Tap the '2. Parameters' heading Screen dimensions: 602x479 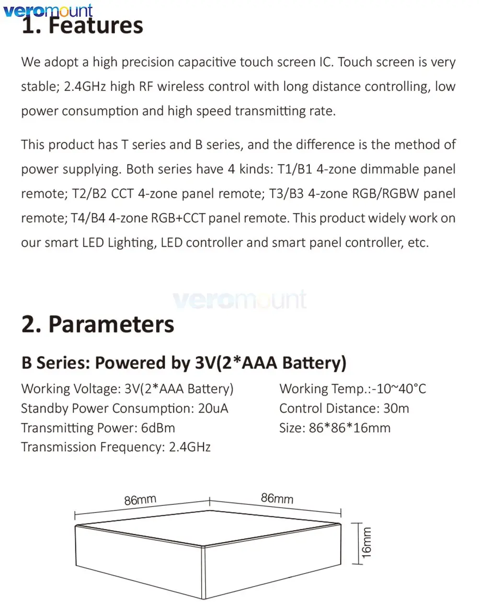(x=98, y=324)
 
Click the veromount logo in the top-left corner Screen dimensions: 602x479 (x=48, y=11)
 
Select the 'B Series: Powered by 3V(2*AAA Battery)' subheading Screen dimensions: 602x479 (x=183, y=363)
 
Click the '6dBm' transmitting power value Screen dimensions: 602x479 (x=158, y=428)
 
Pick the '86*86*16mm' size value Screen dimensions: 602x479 (x=350, y=428)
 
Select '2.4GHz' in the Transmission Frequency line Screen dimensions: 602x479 (x=190, y=447)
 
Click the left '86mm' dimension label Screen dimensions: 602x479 (x=140, y=500)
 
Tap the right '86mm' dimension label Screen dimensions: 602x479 (x=277, y=498)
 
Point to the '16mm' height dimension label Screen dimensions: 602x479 (x=366, y=543)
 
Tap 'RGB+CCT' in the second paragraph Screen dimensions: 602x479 (x=178, y=218)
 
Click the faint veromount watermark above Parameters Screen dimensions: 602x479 (x=239, y=300)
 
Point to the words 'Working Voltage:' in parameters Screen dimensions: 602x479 (x=71, y=389)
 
